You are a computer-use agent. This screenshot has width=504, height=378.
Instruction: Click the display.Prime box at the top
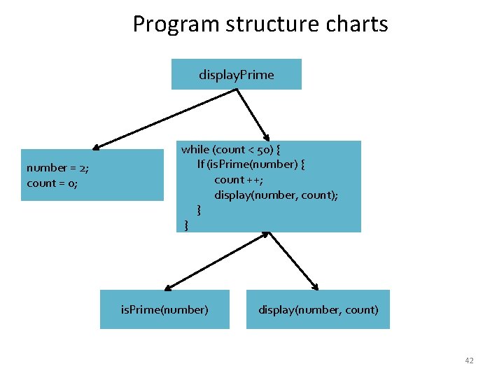click(x=236, y=74)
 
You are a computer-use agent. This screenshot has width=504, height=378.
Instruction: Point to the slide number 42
click(x=469, y=360)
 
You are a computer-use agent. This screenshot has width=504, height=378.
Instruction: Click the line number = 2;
click(x=57, y=168)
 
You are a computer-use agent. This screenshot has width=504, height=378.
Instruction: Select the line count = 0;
click(x=52, y=183)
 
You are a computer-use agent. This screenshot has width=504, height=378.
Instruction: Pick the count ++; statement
click(x=239, y=180)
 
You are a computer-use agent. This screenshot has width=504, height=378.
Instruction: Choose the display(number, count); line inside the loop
click(x=276, y=195)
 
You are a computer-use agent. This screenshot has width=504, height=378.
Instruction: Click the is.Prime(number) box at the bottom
click(x=164, y=309)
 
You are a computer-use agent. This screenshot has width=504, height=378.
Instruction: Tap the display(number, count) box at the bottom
click(x=318, y=309)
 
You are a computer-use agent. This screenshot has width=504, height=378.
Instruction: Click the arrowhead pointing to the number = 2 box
click(x=97, y=147)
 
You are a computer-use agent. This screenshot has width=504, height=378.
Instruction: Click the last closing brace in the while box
click(x=185, y=225)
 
